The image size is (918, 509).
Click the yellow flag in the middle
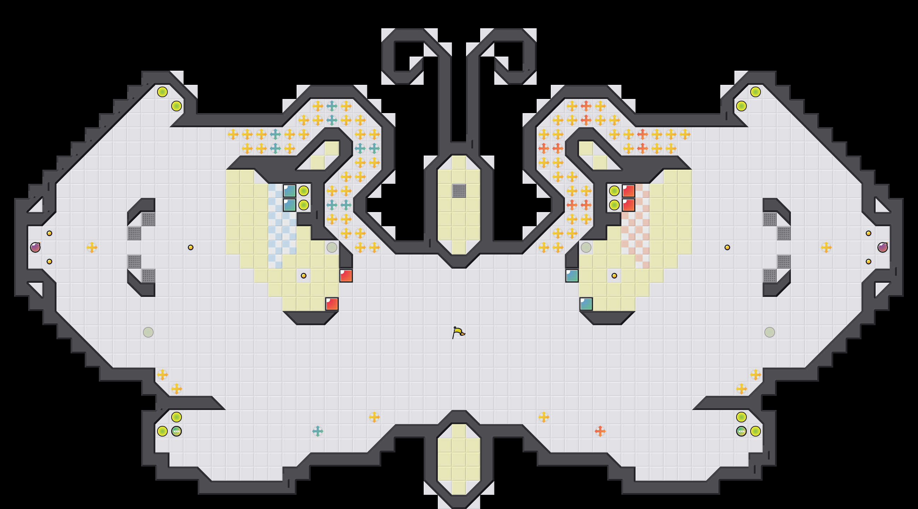click(x=458, y=332)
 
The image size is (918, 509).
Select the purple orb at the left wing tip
click(x=35, y=247)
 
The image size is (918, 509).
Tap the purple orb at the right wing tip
click(x=882, y=247)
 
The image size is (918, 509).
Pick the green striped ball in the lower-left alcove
click(x=177, y=431)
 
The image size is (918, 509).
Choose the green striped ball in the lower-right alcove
click(x=741, y=431)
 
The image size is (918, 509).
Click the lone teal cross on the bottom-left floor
click(x=317, y=431)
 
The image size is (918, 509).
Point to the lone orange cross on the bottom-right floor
click(x=600, y=431)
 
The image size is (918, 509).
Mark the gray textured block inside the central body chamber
click(x=459, y=191)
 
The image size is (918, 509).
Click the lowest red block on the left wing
click(x=332, y=304)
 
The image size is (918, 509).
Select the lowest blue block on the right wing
click(x=586, y=304)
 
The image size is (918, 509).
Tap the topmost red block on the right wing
click(x=628, y=191)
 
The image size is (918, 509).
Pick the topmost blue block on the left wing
click(x=290, y=191)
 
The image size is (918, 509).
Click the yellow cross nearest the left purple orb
click(x=91, y=247)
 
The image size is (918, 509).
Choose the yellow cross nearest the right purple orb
click(x=826, y=247)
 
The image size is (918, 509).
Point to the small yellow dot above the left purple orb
click(x=49, y=233)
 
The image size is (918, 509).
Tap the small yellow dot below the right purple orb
click(x=869, y=262)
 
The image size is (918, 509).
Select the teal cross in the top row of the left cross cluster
click(x=332, y=106)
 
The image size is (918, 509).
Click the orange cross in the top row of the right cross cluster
click(x=586, y=106)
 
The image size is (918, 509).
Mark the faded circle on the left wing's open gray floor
click(x=148, y=332)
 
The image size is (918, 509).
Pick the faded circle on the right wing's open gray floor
click(x=769, y=332)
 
